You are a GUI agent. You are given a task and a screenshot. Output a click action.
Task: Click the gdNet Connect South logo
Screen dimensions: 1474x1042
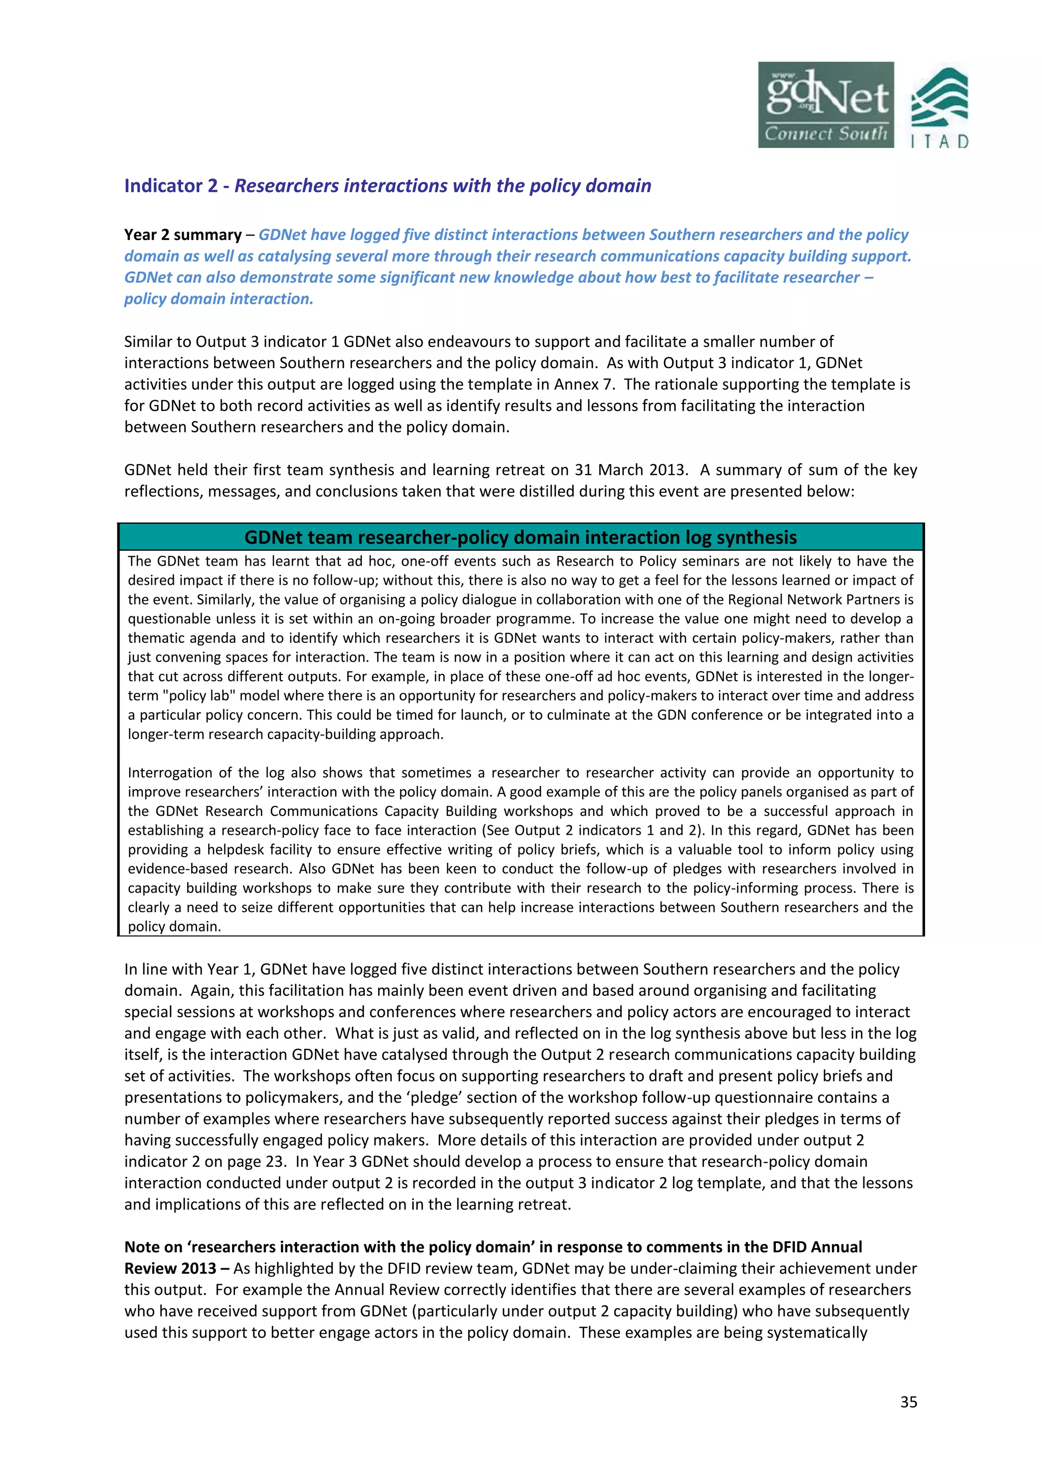(x=826, y=105)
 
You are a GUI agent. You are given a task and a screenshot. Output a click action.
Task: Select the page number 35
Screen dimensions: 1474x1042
(x=908, y=1401)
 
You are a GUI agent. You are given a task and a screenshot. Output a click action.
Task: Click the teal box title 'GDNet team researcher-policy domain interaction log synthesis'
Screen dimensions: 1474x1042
(x=520, y=537)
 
